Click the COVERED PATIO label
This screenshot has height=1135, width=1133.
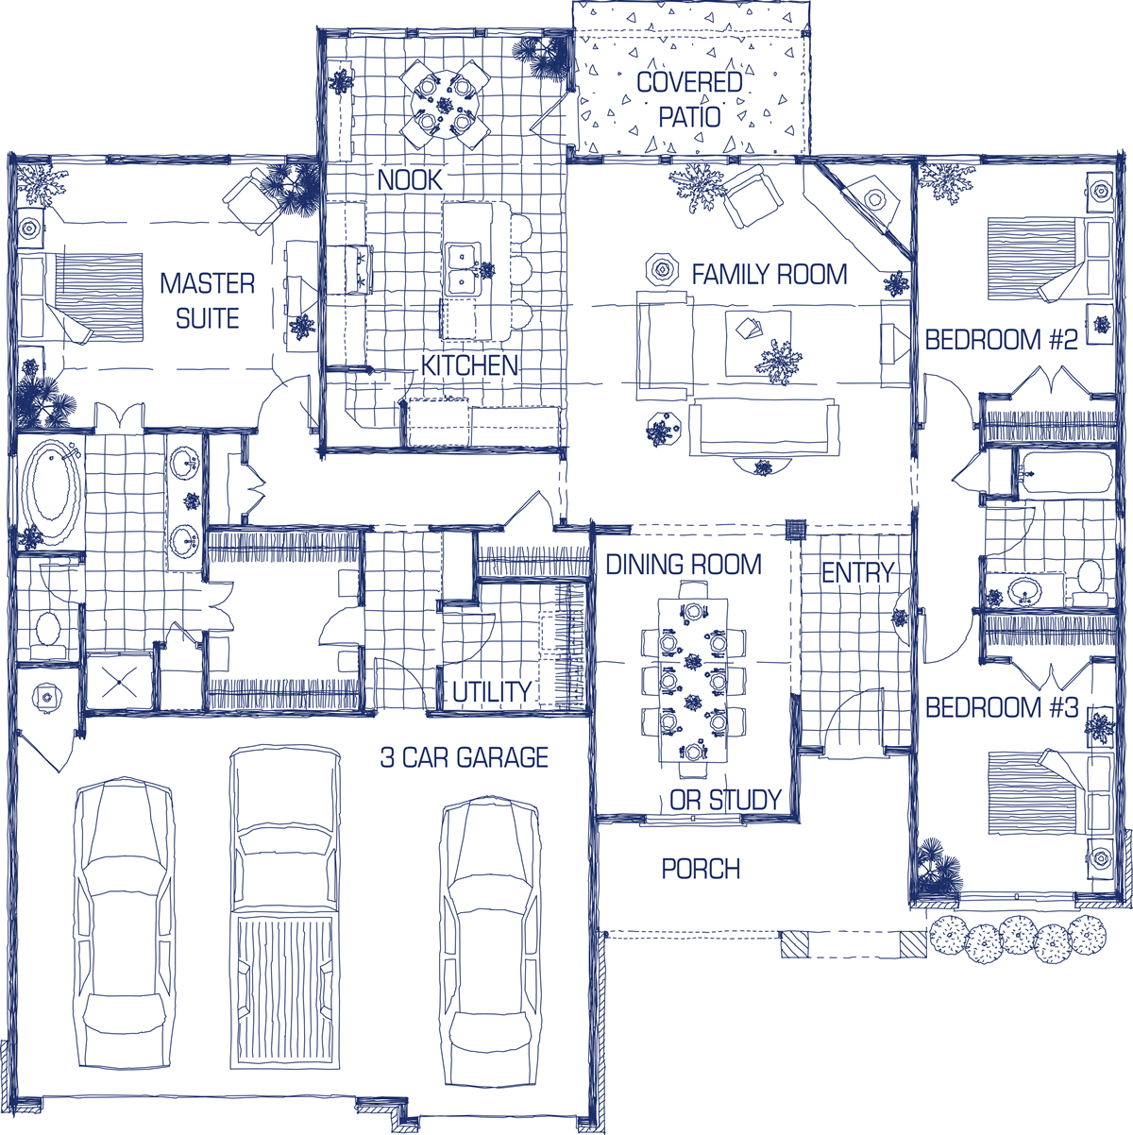coord(689,99)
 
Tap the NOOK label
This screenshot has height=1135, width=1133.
coord(410,179)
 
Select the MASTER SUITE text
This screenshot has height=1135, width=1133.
coord(208,301)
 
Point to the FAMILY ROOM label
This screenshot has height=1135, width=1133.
coord(769,275)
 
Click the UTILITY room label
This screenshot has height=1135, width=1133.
coord(492,691)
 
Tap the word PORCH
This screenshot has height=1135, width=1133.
coord(701,869)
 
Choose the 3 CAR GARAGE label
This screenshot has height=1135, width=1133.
coord(465,757)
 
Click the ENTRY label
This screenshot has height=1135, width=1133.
coord(858,572)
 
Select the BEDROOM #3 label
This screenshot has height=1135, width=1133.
coord(1002,707)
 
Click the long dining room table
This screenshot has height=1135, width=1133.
coord(692,680)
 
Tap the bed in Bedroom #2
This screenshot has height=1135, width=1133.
coord(1049,260)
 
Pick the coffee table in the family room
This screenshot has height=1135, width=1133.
coord(757,344)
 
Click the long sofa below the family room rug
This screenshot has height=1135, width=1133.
coord(764,428)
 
